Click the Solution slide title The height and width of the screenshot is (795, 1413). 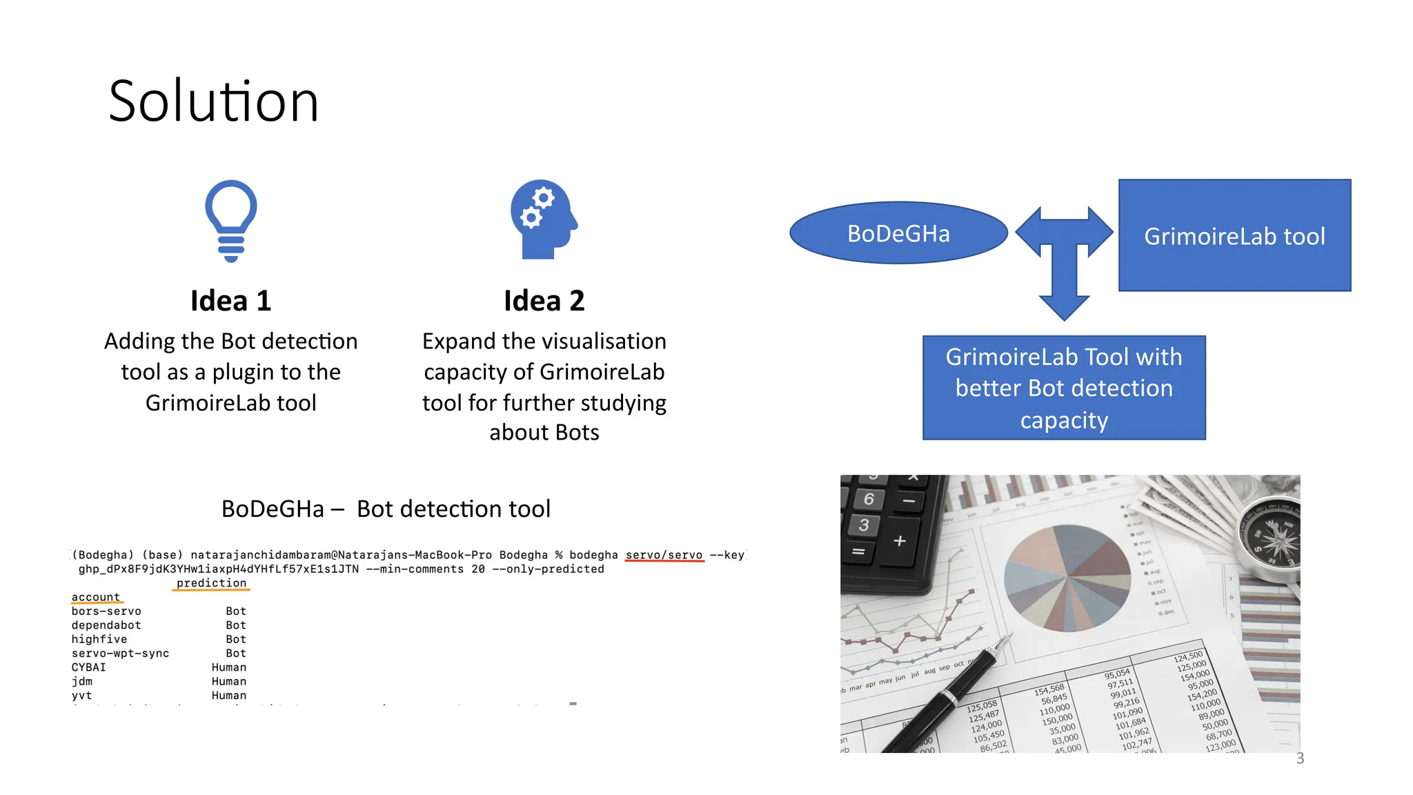(x=214, y=102)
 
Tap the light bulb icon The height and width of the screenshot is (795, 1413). (x=231, y=220)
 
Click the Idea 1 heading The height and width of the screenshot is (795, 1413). (x=231, y=301)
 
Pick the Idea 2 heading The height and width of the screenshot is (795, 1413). (x=544, y=301)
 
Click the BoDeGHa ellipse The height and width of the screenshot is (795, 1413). (x=898, y=233)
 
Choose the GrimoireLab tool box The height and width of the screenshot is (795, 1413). (x=1234, y=235)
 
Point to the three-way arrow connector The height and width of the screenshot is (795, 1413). (x=1065, y=255)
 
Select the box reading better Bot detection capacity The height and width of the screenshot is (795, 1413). (x=1064, y=388)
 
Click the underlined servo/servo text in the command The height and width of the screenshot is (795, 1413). (x=664, y=555)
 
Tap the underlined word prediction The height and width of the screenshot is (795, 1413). (x=211, y=583)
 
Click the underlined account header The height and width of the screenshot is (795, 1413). (x=96, y=597)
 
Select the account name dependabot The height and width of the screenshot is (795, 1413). (x=106, y=625)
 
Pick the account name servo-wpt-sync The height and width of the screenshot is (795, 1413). (x=120, y=654)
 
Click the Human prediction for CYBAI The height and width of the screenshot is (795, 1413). (x=229, y=667)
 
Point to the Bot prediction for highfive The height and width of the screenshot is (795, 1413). (x=236, y=640)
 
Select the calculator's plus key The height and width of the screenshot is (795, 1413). (x=900, y=541)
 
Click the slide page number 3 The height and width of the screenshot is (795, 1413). (x=1300, y=758)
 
